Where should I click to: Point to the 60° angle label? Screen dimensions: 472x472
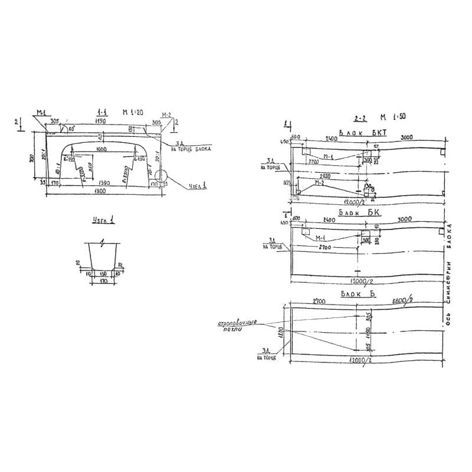[72, 128]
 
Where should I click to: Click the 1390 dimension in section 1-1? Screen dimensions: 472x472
[107, 183]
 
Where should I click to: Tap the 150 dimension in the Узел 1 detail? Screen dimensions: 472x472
[104, 274]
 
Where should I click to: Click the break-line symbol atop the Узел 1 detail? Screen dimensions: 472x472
[103, 242]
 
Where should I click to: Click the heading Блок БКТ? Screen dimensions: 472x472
[362, 133]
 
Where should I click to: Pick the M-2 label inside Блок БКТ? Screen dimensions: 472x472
[319, 182]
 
